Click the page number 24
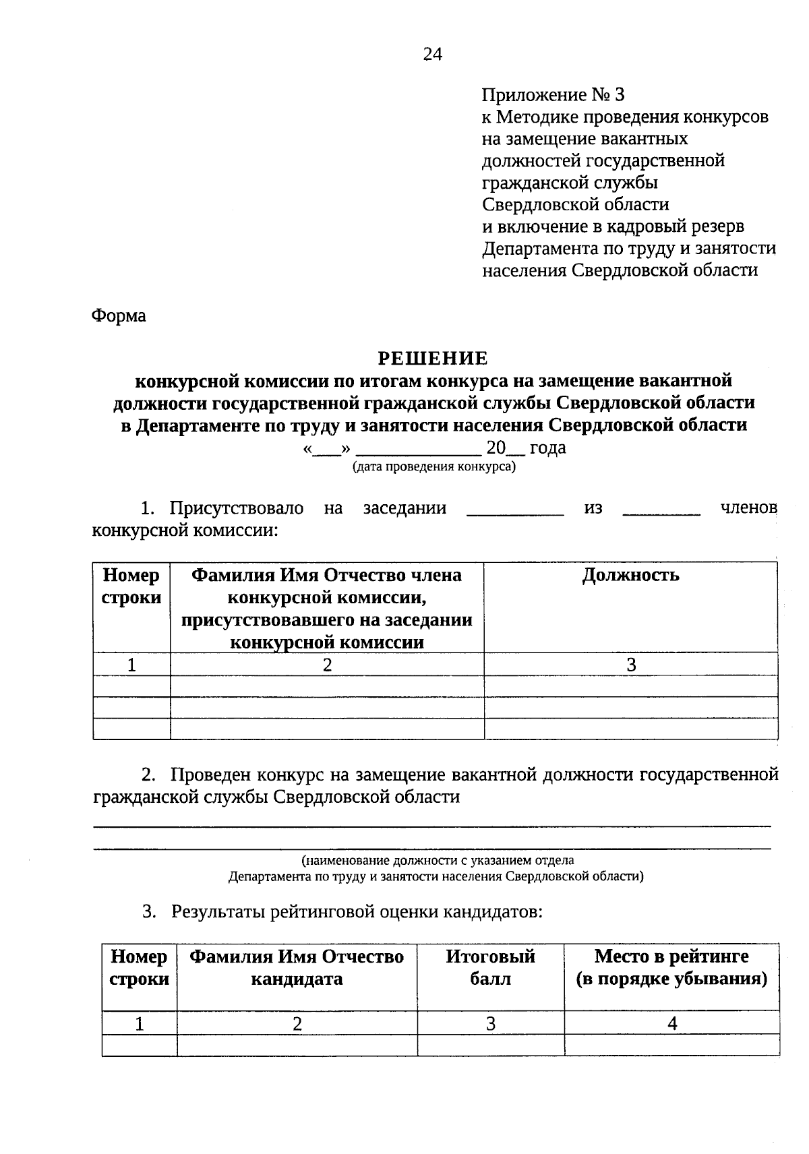point(432,55)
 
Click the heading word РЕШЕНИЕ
point(432,358)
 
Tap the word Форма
point(119,315)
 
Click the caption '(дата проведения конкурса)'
point(433,466)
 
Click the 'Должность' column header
point(630,575)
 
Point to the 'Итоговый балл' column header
point(490,967)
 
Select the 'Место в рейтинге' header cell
point(671,967)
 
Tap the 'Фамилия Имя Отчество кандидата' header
point(297,967)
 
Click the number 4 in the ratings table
point(672,1024)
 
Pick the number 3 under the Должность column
point(631,665)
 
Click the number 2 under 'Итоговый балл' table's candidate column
point(297,1024)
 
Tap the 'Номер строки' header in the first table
point(131,586)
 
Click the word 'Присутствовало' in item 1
point(236,508)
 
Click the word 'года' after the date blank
point(547,448)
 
